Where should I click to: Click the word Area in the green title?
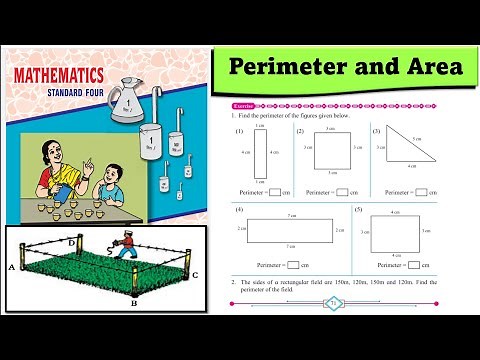click(x=424, y=68)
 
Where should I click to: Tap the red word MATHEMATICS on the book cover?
click(x=59, y=75)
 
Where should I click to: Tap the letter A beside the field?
click(x=10, y=268)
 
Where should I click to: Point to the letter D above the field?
click(x=71, y=242)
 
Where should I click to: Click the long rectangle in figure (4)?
click(x=290, y=231)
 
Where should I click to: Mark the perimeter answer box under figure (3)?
click(x=420, y=191)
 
